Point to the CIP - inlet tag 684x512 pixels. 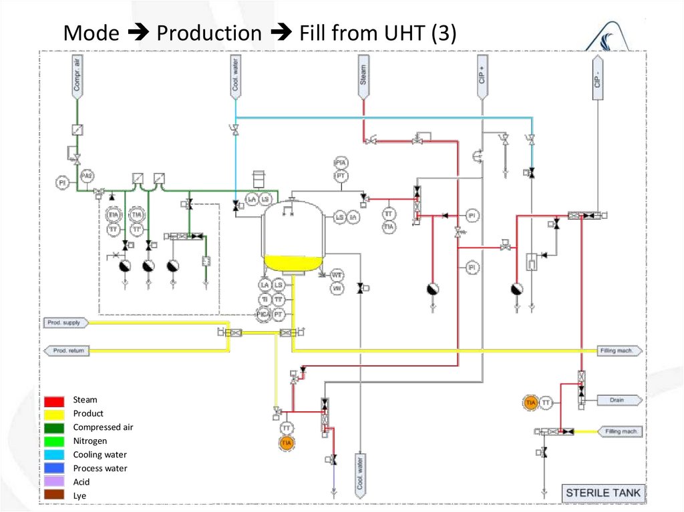(x=597, y=77)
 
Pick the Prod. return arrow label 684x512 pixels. (x=67, y=350)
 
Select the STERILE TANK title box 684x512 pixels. (x=603, y=493)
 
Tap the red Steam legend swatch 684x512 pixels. (x=55, y=401)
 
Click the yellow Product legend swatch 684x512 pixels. (x=55, y=414)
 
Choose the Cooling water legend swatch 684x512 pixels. (x=55, y=455)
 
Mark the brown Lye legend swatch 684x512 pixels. (x=55, y=495)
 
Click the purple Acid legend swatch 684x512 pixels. (x=55, y=482)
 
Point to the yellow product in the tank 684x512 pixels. (x=291, y=263)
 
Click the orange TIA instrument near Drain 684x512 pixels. (x=531, y=403)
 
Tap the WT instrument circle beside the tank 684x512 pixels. (x=337, y=275)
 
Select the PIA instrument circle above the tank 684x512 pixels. (x=341, y=163)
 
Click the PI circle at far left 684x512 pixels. (x=61, y=182)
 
